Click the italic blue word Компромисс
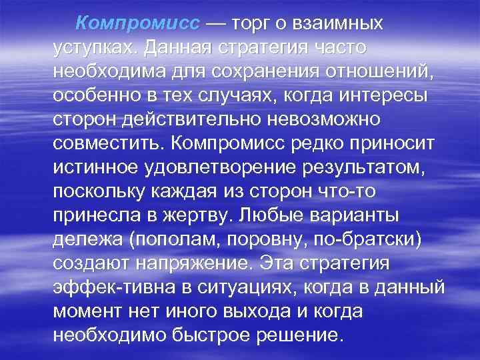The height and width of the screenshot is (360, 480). tap(137, 23)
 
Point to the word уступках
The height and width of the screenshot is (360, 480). tap(91, 48)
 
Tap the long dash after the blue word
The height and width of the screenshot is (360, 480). tap(215, 23)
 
